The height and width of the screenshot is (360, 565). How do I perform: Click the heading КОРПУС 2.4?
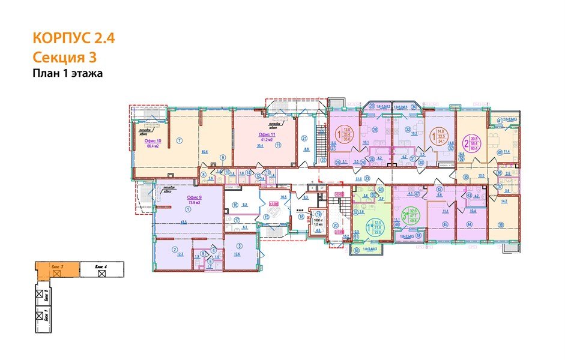coord(73,40)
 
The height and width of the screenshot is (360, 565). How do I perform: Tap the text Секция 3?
coord(64,58)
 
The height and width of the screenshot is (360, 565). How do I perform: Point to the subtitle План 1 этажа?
coord(68,73)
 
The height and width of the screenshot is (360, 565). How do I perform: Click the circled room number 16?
coord(235,205)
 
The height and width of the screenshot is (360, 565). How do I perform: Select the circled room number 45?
coord(446,225)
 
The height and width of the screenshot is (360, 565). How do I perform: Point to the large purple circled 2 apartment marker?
coord(466,145)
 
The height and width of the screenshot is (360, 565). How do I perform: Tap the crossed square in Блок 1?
coord(40,314)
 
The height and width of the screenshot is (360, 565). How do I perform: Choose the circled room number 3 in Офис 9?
coord(239,246)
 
